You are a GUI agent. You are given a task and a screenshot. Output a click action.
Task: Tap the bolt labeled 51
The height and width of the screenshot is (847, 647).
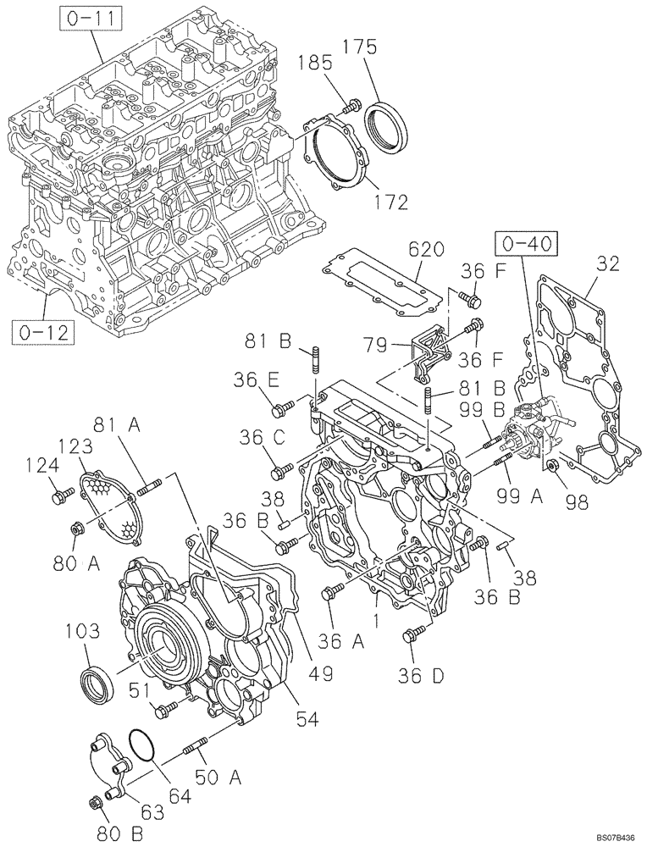pyautogui.click(x=167, y=708)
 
